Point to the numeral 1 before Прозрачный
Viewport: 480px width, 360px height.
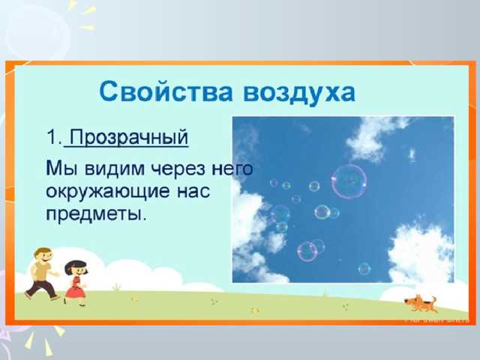coord(51,138)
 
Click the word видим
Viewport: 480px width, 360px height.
coord(106,167)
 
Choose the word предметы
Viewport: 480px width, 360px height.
coord(94,214)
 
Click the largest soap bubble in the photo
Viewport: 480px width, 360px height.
coord(349,181)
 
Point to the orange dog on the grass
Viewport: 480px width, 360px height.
coord(419,303)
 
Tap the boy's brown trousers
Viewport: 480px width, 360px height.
coord(42,287)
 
